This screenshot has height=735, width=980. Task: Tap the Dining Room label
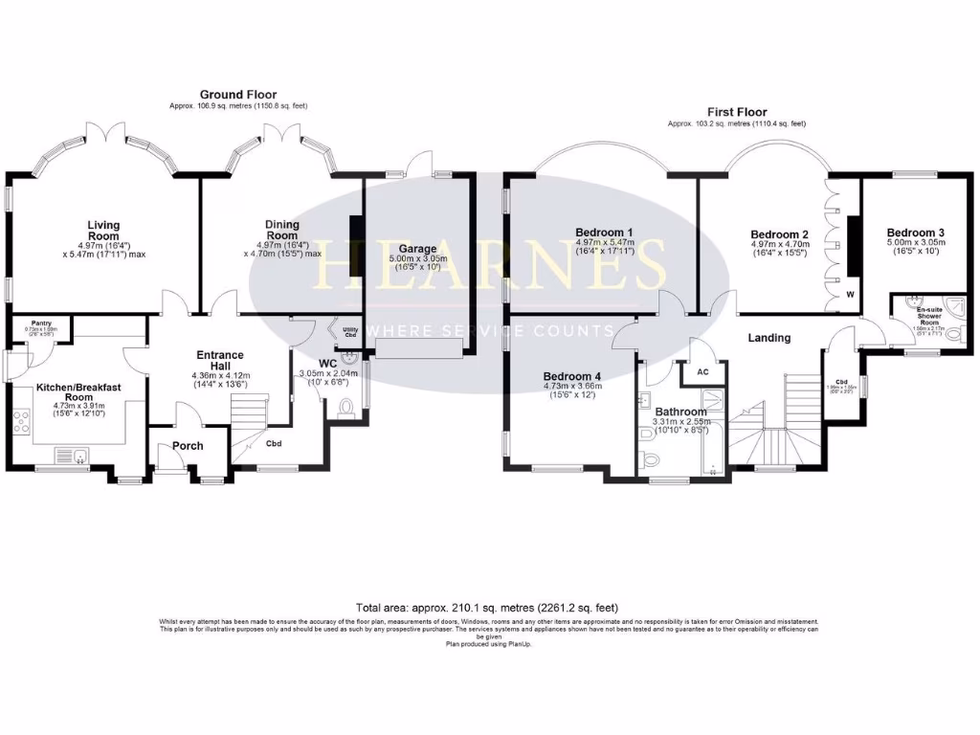pyautogui.click(x=282, y=231)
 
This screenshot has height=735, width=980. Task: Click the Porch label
pyautogui.click(x=186, y=445)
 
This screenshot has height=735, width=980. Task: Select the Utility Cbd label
pyautogui.click(x=349, y=332)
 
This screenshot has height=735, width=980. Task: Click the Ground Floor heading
pyautogui.click(x=238, y=95)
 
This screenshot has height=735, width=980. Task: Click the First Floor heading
pyautogui.click(x=737, y=112)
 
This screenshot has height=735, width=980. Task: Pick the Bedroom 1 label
pyautogui.click(x=604, y=232)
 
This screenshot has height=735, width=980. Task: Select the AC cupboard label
pyautogui.click(x=702, y=371)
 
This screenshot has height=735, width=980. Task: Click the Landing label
pyautogui.click(x=768, y=338)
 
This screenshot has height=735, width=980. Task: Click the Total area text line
pyautogui.click(x=487, y=608)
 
